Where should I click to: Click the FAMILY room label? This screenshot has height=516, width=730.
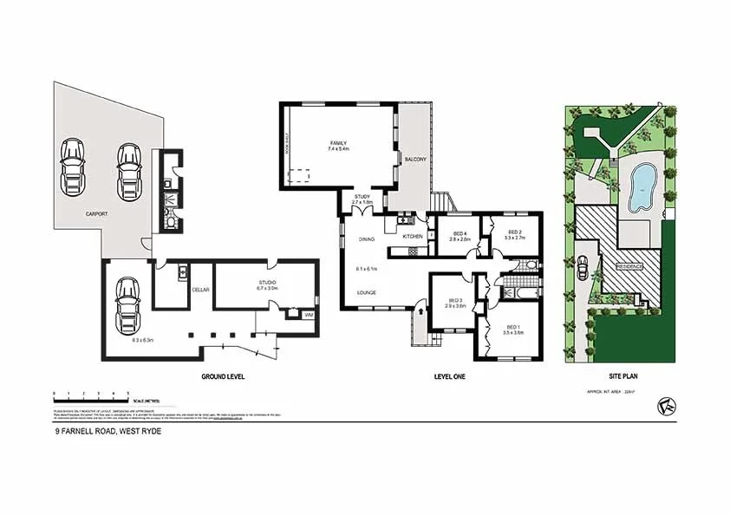[337, 142]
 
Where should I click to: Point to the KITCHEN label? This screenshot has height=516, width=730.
[412, 236]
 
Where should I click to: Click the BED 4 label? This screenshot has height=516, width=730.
[460, 232]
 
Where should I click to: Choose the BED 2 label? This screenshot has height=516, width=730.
[515, 232]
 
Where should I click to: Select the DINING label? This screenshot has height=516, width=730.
[367, 238]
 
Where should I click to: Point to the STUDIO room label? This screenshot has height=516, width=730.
[266, 283]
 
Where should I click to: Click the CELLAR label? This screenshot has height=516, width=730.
[201, 289]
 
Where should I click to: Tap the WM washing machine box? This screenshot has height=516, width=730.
[307, 315]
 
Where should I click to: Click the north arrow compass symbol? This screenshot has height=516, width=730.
[666, 403]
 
